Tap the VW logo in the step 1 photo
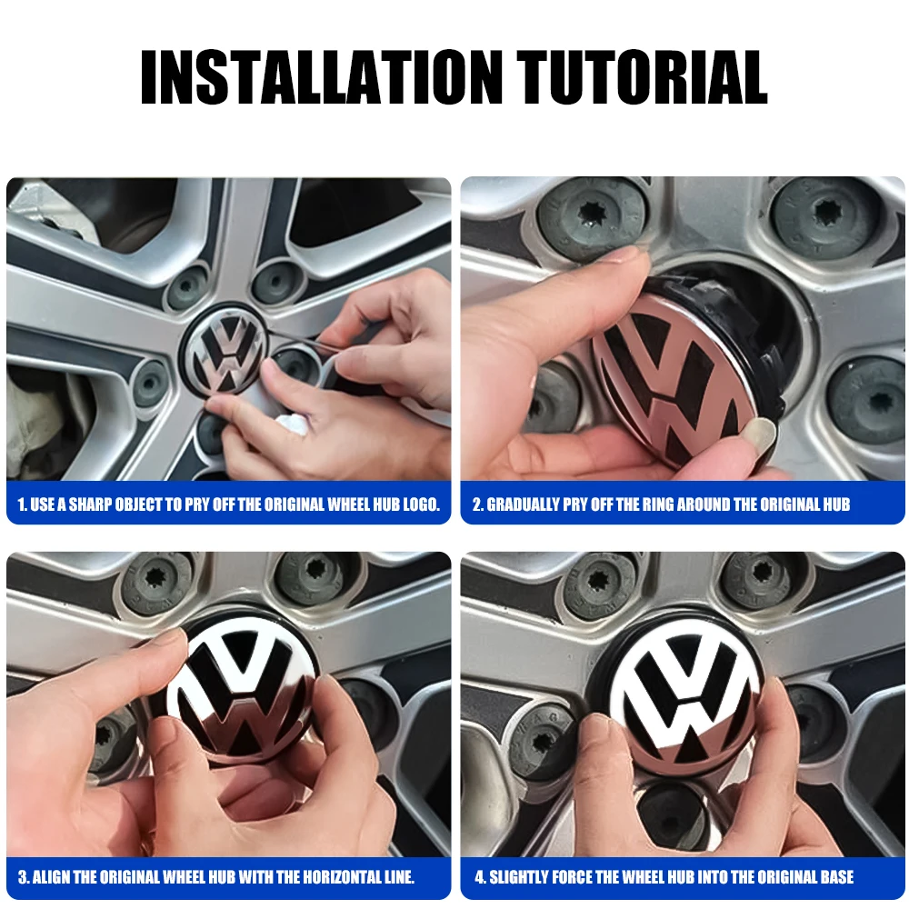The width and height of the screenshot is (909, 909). click(x=225, y=356)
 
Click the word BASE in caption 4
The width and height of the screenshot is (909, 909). click(x=833, y=877)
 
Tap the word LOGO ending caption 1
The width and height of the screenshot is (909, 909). click(x=420, y=504)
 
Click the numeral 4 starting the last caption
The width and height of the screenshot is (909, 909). click(x=479, y=877)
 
